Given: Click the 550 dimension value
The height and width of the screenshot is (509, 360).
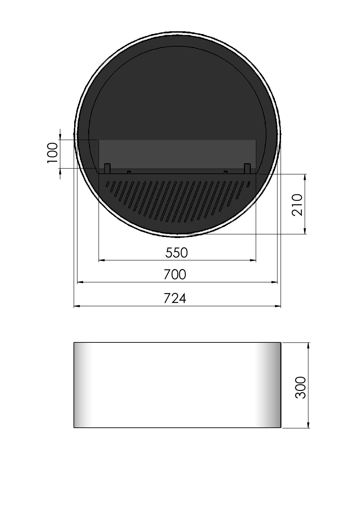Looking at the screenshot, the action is (x=177, y=253).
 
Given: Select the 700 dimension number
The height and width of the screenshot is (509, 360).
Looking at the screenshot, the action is (x=175, y=274).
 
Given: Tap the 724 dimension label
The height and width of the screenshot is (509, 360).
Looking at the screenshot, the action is (x=175, y=298).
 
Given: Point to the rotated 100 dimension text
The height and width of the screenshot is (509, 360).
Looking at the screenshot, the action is (x=52, y=153).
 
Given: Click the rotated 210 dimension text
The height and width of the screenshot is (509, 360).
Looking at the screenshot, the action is (x=297, y=205).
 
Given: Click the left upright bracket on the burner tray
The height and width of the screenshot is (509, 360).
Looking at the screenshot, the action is (x=107, y=169).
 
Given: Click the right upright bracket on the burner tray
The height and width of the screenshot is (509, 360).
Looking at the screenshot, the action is (x=247, y=169).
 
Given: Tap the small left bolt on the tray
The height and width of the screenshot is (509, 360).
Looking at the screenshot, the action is (x=129, y=172).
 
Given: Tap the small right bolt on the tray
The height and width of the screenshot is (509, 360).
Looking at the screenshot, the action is (x=226, y=172).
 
